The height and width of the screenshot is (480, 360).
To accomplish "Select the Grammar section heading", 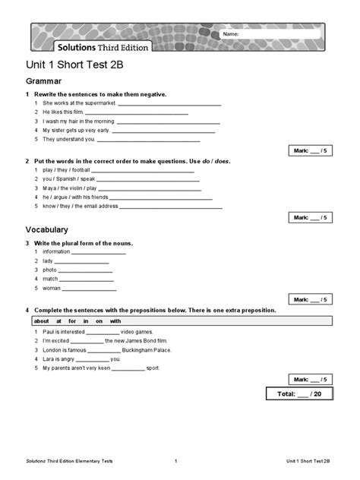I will click(43, 81).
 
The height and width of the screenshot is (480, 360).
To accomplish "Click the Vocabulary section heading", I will click(47, 229).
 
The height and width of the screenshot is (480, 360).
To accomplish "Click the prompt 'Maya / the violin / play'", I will click(70, 188).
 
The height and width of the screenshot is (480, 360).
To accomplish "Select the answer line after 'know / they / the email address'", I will click(171, 206).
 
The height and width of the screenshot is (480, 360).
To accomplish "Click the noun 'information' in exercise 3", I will click(56, 251).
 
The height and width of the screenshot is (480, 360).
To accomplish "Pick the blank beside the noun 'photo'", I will click(84, 270).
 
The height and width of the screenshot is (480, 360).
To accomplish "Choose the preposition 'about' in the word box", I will click(42, 321).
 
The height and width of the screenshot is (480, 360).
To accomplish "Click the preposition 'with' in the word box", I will click(115, 321).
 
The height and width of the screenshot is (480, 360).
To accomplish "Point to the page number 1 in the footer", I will click(175, 461).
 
